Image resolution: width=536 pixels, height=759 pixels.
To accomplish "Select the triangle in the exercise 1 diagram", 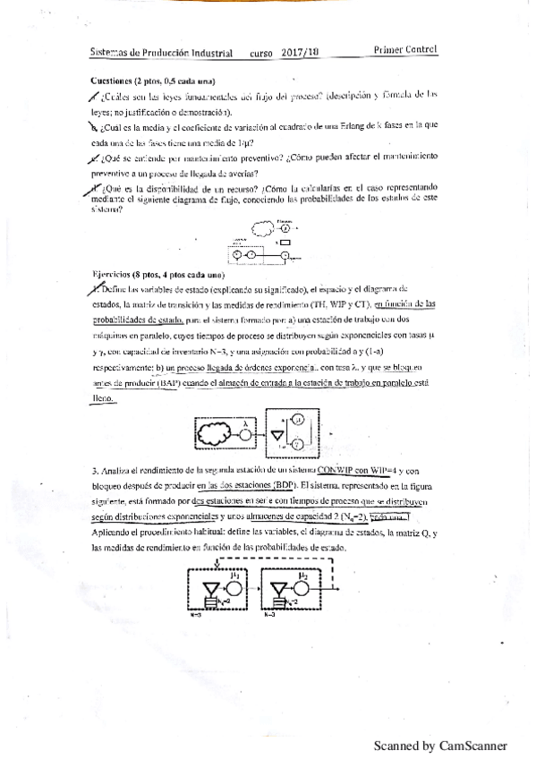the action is (x=277, y=434).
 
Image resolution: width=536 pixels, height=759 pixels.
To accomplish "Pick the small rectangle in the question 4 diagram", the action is (x=285, y=242).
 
